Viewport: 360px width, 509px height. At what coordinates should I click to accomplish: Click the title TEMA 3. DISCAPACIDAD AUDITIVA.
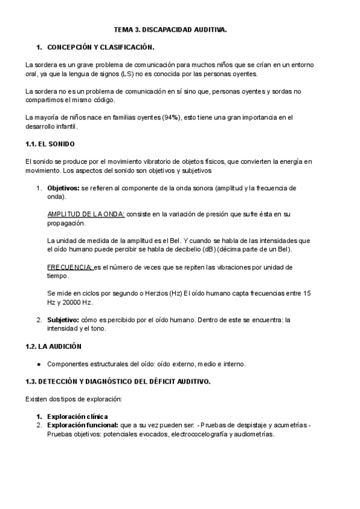pos(179,28)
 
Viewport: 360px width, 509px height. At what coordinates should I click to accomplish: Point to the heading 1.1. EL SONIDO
pos(50,145)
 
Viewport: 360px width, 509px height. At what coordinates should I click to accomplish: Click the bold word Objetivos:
pos(63,188)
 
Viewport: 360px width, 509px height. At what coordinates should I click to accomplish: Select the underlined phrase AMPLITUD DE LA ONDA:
pos(86,214)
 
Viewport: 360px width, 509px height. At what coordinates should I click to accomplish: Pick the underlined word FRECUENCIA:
pos(70,267)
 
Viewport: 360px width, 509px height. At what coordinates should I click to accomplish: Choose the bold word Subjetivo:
pos(63,320)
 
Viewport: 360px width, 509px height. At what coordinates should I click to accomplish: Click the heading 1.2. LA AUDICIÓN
pos(53,346)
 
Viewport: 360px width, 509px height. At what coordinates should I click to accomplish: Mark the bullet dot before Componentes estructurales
pos(39,364)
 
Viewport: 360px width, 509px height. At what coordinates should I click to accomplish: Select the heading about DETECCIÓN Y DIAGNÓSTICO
pos(118,381)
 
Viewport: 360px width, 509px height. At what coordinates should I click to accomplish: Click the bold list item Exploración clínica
pos(81,417)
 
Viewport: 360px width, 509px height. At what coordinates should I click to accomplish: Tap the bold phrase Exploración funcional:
pos(83,425)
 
